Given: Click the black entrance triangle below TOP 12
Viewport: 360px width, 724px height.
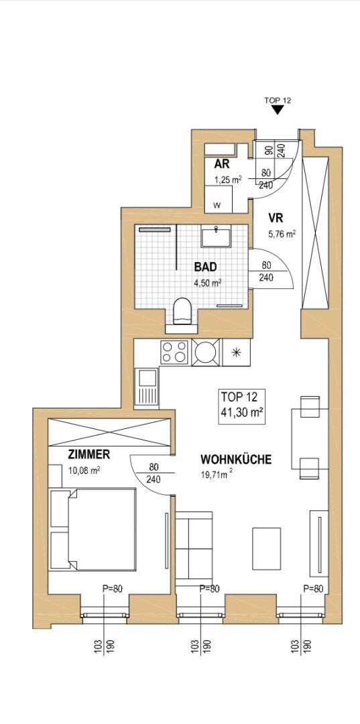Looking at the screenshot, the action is coord(278,109).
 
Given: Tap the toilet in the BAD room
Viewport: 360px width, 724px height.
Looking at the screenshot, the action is coord(182,311).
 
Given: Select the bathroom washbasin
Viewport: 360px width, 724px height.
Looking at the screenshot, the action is coord(215,237).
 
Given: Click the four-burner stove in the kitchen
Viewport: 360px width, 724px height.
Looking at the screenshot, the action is coord(174,353).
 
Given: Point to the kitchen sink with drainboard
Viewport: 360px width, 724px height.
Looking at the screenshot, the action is coord(146,388).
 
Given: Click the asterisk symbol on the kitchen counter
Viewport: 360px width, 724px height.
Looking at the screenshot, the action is coord(236,353).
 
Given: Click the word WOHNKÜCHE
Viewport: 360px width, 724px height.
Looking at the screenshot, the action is coord(236,459).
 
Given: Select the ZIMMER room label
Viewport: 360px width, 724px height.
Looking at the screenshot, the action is coord(89,455).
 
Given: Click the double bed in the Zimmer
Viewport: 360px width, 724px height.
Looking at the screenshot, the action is coord(93,529).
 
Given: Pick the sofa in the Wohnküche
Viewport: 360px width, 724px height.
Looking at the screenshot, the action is coord(194,548).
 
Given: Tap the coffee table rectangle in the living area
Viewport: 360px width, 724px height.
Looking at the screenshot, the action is coord(266,548).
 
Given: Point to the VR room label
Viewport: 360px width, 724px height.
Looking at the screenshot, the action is coord(276,217).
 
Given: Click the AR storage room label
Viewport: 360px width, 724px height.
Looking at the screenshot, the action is coord(222,164).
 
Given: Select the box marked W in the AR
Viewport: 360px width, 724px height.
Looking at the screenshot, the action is coord(219,199).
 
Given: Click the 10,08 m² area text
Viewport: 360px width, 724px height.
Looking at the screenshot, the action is coord(84,471).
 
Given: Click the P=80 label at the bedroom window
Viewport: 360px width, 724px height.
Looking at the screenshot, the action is coord(112,589).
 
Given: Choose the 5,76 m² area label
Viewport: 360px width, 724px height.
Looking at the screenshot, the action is coord(282,234).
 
